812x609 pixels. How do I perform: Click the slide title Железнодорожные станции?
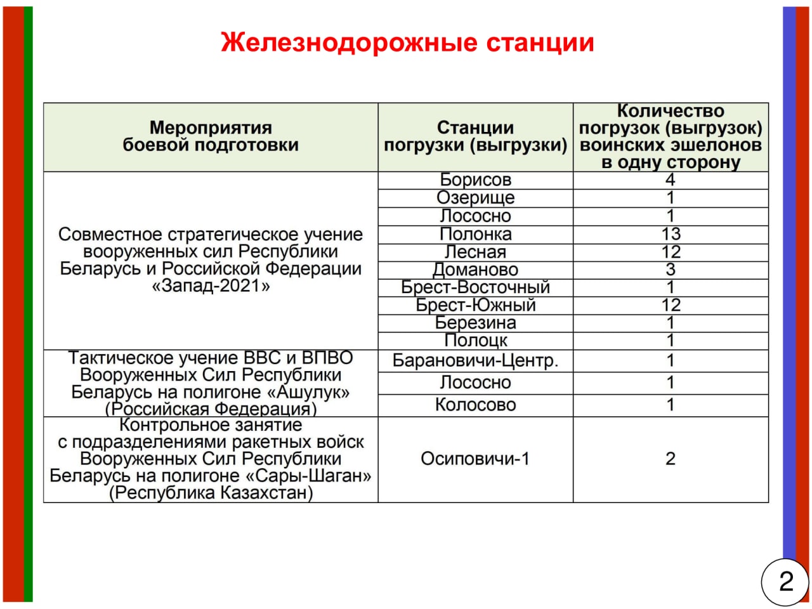tap(407, 43)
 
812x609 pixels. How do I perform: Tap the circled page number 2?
tap(785, 580)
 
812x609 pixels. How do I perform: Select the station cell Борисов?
tap(475, 180)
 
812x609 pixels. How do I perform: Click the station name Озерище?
tap(475, 198)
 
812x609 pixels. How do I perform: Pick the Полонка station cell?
tap(475, 234)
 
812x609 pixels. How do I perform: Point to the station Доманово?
tap(475, 270)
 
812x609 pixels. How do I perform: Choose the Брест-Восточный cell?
tap(475, 287)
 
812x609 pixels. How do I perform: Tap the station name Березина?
tap(475, 323)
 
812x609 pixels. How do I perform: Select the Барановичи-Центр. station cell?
tap(475, 361)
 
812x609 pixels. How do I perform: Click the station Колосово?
tap(475, 405)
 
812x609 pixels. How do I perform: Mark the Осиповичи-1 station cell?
tap(475, 459)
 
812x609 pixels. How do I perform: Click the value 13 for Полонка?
tap(671, 234)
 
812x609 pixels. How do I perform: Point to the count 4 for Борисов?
tap(671, 180)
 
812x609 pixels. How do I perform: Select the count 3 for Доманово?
tap(671, 270)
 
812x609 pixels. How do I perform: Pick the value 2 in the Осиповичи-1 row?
tap(671, 459)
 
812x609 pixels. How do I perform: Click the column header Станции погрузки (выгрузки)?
tap(475, 137)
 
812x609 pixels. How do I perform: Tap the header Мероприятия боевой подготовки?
tap(211, 137)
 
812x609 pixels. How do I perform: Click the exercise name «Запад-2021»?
tap(211, 286)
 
